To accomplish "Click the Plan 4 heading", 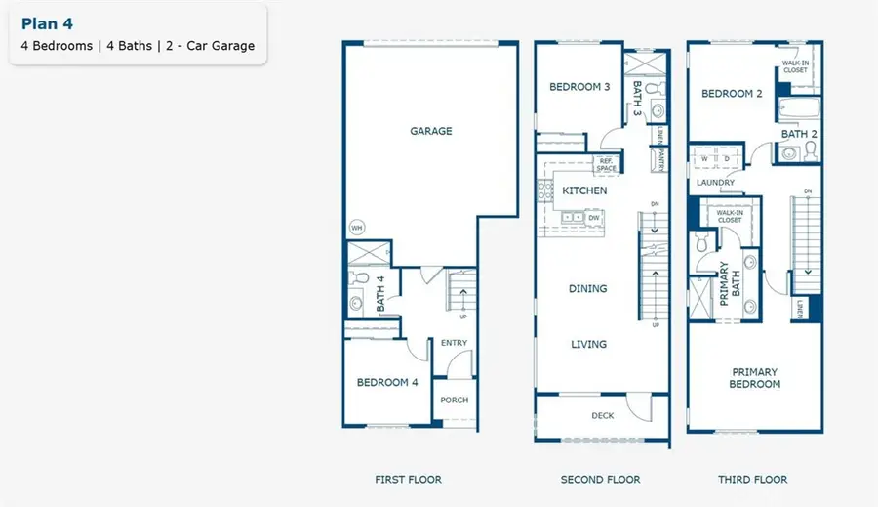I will (x=46, y=23).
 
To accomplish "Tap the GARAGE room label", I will (x=430, y=131).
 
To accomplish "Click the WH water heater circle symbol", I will (x=357, y=228).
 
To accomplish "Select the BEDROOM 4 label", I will (x=387, y=382).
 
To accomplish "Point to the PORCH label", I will (x=455, y=400).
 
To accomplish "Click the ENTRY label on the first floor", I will (x=454, y=343).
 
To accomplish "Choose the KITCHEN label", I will (x=584, y=190).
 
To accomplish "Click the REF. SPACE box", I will (x=607, y=165).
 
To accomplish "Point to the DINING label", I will (x=587, y=289).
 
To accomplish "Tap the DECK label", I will (x=602, y=416).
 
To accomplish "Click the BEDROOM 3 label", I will (x=579, y=87).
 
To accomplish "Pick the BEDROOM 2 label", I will (x=732, y=94).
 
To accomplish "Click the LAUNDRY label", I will (x=715, y=182).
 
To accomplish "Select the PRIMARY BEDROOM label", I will (x=755, y=378).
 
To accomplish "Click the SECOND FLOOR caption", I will (x=600, y=480).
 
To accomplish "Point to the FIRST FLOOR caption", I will (x=408, y=480).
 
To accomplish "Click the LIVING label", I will (x=588, y=344).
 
